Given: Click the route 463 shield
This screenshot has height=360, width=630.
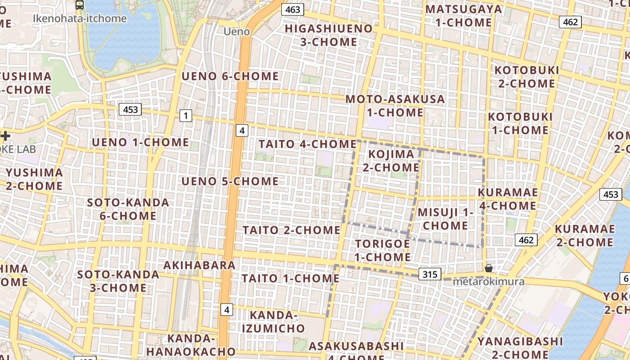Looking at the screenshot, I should (292, 9).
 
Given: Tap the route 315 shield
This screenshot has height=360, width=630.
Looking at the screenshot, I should (430, 274).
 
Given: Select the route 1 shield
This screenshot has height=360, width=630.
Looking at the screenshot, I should (185, 116).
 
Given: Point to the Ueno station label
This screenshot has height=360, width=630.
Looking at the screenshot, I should (237, 31).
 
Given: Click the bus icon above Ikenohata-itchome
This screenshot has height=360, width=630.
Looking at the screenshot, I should (80, 5).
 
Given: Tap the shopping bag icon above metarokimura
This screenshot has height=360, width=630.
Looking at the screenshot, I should (489, 269).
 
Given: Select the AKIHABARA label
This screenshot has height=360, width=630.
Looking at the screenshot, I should (199, 265).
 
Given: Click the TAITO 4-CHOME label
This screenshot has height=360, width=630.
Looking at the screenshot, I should (307, 144).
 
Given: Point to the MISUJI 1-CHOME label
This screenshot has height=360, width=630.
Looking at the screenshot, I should (445, 219).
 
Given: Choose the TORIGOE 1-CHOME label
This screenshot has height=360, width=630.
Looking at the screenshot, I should (382, 250).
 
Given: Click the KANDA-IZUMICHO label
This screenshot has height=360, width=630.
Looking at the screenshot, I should (273, 321).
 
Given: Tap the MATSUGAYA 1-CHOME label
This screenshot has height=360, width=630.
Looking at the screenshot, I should (463, 16).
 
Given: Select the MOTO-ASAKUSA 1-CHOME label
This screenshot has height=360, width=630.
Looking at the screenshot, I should (395, 106).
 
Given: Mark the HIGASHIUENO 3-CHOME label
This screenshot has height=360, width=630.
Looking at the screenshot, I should (328, 35).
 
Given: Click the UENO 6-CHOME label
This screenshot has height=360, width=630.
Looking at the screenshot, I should (230, 76).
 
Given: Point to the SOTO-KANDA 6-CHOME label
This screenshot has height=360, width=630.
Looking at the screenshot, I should (128, 209).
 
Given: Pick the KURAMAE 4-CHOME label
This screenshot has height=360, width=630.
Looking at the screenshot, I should (507, 199).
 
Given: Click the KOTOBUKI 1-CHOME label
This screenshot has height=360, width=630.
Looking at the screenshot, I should (520, 123).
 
